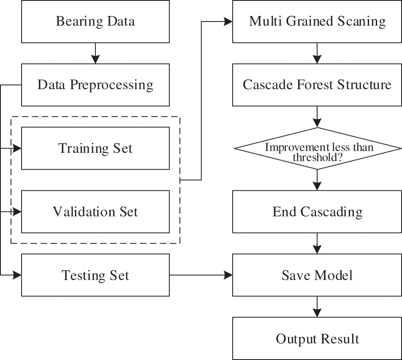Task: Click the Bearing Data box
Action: [95, 22]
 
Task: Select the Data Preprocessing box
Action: [95, 85]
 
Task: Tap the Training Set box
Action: [95, 148]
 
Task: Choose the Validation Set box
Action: [95, 211]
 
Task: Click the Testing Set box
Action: [95, 275]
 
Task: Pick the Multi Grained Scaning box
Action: [317, 22]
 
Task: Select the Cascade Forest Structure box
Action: [317, 85]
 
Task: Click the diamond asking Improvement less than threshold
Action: [317, 148]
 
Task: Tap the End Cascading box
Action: [317, 211]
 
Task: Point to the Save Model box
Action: [317, 275]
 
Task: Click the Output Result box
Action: [317, 338]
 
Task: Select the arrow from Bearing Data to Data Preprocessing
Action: [95, 53]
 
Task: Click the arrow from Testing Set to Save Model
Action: [201, 275]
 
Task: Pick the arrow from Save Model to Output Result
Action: [317, 307]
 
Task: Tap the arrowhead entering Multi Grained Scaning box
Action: [228, 22]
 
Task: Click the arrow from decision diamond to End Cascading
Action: [317, 180]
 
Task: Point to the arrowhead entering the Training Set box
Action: [17, 149]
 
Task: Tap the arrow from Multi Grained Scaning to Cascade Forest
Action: [317, 53]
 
